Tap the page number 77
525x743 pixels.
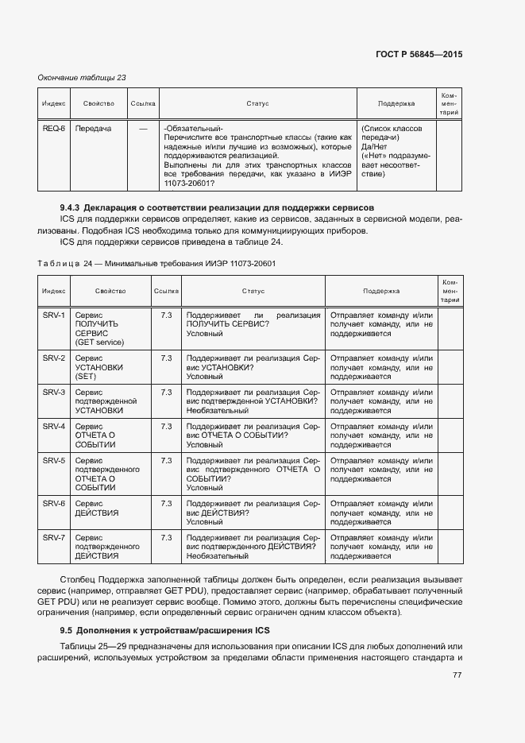[457, 675]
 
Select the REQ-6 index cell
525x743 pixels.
[53, 128]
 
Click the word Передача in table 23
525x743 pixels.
[93, 128]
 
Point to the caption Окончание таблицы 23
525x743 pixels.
[82, 77]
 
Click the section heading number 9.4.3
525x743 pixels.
[71, 207]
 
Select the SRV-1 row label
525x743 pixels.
[53, 315]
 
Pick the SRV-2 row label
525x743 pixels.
[53, 358]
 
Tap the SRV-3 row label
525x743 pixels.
[53, 393]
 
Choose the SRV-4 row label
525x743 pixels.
[53, 427]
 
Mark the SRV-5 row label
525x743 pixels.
[53, 461]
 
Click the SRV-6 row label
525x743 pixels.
[53, 504]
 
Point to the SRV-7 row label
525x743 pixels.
[53, 538]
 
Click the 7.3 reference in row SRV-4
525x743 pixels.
[166, 427]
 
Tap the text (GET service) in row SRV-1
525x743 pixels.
[99, 342]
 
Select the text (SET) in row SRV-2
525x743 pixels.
[85, 376]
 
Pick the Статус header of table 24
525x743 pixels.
[253, 292]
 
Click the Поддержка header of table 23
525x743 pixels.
[396, 103]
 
